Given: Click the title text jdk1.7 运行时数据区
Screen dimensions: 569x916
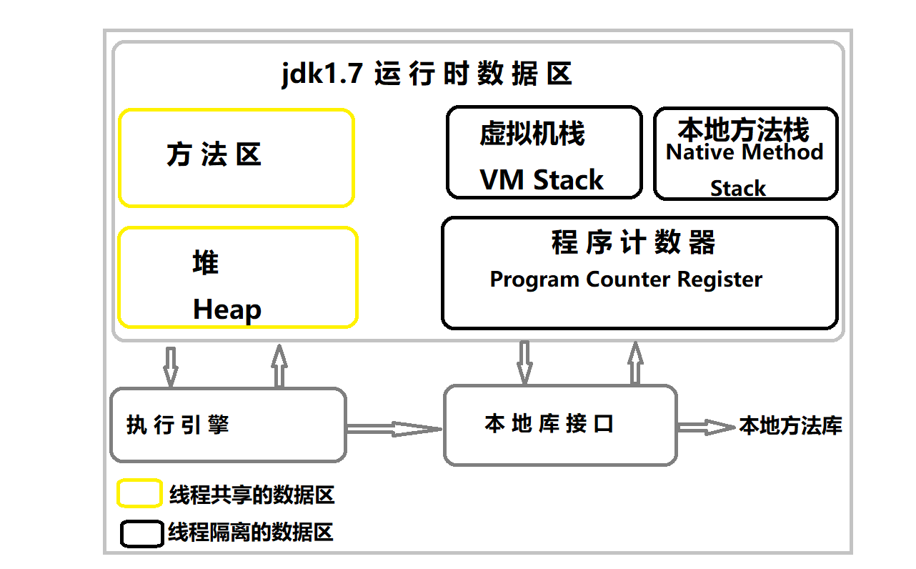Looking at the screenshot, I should [427, 74].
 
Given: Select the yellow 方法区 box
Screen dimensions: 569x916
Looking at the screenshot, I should [236, 158].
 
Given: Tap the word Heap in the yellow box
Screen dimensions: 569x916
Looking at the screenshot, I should [227, 310].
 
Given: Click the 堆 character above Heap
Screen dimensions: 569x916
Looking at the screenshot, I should [206, 263].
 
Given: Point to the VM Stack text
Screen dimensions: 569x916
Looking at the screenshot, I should [542, 179].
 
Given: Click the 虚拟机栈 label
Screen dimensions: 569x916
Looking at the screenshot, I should [532, 134].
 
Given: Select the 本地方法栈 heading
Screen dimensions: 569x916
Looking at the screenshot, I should [743, 130].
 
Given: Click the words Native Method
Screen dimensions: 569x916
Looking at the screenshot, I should [745, 152].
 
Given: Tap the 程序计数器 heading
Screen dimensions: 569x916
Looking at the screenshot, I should [633, 243].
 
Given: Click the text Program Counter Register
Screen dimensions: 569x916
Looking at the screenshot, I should [626, 279].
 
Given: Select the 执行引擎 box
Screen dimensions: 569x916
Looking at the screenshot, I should [228, 425].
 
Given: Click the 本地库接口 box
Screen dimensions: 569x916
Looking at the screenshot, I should [560, 425].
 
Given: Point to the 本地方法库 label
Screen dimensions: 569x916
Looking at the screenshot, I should [790, 426].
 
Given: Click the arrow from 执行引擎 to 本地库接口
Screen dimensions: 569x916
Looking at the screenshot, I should [394, 428].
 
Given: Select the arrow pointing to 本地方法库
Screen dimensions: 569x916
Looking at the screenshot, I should [706, 427].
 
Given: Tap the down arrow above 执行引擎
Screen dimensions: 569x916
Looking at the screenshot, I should [170, 366].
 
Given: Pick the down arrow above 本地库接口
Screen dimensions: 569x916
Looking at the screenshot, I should [525, 362].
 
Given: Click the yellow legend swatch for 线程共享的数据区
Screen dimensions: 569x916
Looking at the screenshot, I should [139, 493].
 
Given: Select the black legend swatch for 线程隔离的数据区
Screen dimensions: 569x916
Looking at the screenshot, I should [141, 533].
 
